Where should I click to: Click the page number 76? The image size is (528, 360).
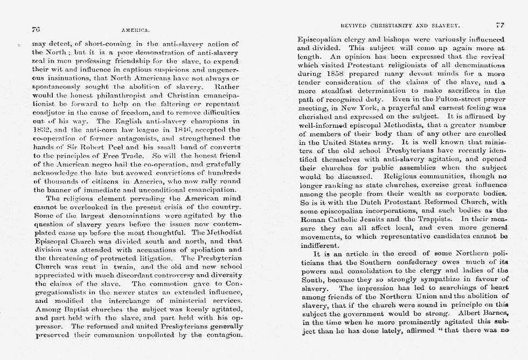point(37,30)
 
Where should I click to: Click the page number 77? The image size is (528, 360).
point(499,25)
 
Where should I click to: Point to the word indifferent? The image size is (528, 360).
point(318,245)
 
